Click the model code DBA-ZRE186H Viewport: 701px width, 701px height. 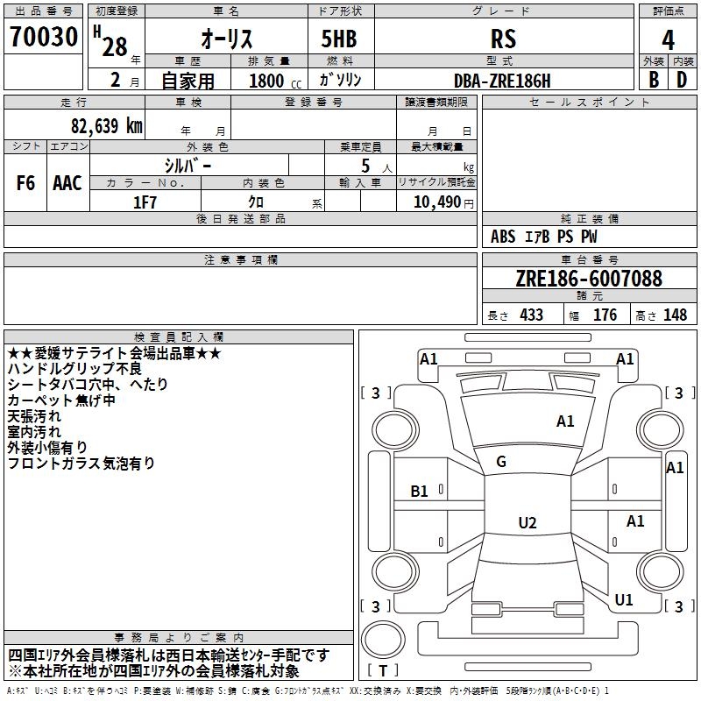point(503,80)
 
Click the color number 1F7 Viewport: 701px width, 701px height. point(145,201)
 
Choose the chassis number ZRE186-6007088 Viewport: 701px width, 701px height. point(589,279)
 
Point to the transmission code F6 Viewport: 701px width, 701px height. point(26,183)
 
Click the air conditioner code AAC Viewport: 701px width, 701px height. point(67,183)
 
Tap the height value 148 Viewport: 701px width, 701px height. point(675,315)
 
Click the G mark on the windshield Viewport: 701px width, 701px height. point(501,462)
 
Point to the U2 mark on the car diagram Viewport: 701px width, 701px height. point(527,523)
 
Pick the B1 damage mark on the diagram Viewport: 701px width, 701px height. point(420,491)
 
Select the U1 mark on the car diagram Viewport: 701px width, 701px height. point(624,600)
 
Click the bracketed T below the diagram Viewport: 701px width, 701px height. point(383,671)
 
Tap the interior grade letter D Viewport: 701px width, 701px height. point(682,80)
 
